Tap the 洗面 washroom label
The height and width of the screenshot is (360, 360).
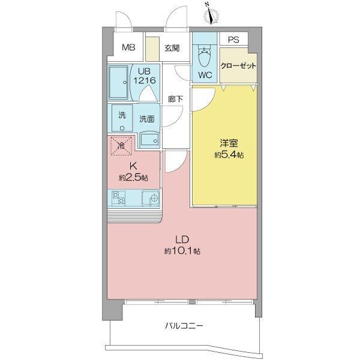click(148, 119)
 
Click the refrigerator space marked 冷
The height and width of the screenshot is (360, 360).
click(121, 145)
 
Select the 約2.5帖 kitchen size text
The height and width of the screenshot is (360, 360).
click(133, 178)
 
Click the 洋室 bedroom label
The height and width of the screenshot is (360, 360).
click(226, 143)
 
